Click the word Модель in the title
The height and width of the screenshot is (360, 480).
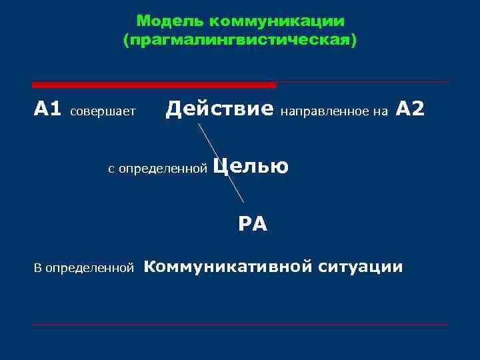(x=163, y=21)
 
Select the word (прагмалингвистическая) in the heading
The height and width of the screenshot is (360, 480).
(x=240, y=41)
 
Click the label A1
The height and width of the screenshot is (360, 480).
(x=47, y=108)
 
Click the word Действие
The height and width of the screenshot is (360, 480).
(x=219, y=108)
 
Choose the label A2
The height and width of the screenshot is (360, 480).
(x=410, y=108)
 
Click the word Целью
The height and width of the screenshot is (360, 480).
(x=251, y=166)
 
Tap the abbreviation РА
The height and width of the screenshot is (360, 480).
(x=253, y=224)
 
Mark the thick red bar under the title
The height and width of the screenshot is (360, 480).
(x=154, y=85)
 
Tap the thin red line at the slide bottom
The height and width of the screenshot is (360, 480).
(x=240, y=325)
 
